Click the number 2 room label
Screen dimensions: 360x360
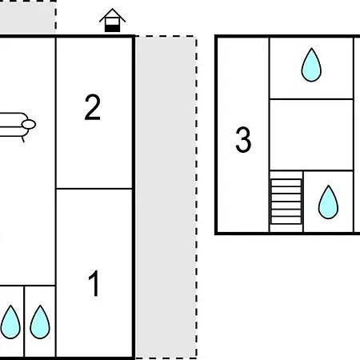coord(93,107)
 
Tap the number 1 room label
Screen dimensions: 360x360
coord(94,283)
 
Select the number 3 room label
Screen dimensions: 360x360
coord(243,139)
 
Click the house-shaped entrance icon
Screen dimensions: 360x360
coord(112,20)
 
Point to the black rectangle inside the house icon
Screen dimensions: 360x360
coord(112,28)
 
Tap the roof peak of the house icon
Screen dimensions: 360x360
coord(112,9)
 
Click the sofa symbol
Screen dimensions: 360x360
coord(17,126)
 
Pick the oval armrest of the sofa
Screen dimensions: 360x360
coord(29,125)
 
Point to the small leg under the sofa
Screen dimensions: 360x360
coord(23,139)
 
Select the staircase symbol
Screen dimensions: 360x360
coord(286,202)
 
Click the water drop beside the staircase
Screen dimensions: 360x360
coord(328,202)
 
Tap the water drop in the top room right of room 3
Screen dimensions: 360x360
coord(311,65)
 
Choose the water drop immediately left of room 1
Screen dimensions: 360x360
coord(40,322)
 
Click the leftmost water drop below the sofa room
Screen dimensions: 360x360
coord(10,322)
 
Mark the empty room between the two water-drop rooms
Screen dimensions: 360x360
coord(311,134)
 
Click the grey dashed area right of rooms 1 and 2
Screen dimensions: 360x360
coord(166,198)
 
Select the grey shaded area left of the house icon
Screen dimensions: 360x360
coord(28,16)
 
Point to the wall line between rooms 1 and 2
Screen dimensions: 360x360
coord(94,189)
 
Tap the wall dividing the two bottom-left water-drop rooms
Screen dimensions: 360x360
coord(24,321)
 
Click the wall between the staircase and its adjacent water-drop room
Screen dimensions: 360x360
coord(303,202)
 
